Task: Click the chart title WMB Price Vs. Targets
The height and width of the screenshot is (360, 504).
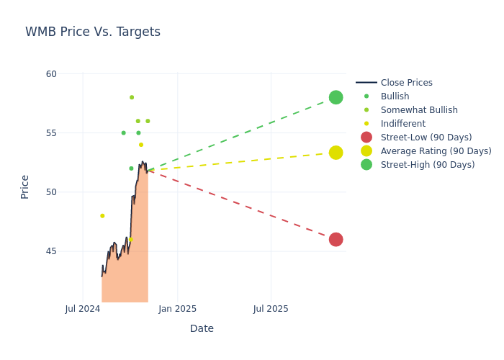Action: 93,32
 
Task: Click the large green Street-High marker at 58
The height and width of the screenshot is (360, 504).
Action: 336,97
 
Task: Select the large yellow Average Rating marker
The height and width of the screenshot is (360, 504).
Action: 336,153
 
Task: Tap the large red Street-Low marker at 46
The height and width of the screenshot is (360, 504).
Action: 336,239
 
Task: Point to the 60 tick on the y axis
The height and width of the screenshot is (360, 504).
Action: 51,74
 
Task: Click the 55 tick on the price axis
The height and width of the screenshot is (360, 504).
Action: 51,133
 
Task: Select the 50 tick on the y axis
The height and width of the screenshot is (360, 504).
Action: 51,192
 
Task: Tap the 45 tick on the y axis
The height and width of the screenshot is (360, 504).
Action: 51,251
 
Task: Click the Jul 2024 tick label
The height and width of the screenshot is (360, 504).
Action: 82,309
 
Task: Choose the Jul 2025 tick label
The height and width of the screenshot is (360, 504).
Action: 271,309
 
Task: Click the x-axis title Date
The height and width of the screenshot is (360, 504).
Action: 202,329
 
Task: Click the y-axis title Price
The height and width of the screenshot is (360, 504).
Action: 25,186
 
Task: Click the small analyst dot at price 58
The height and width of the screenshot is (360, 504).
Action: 132,97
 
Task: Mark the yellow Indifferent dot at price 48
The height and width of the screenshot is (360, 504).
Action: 102,216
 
